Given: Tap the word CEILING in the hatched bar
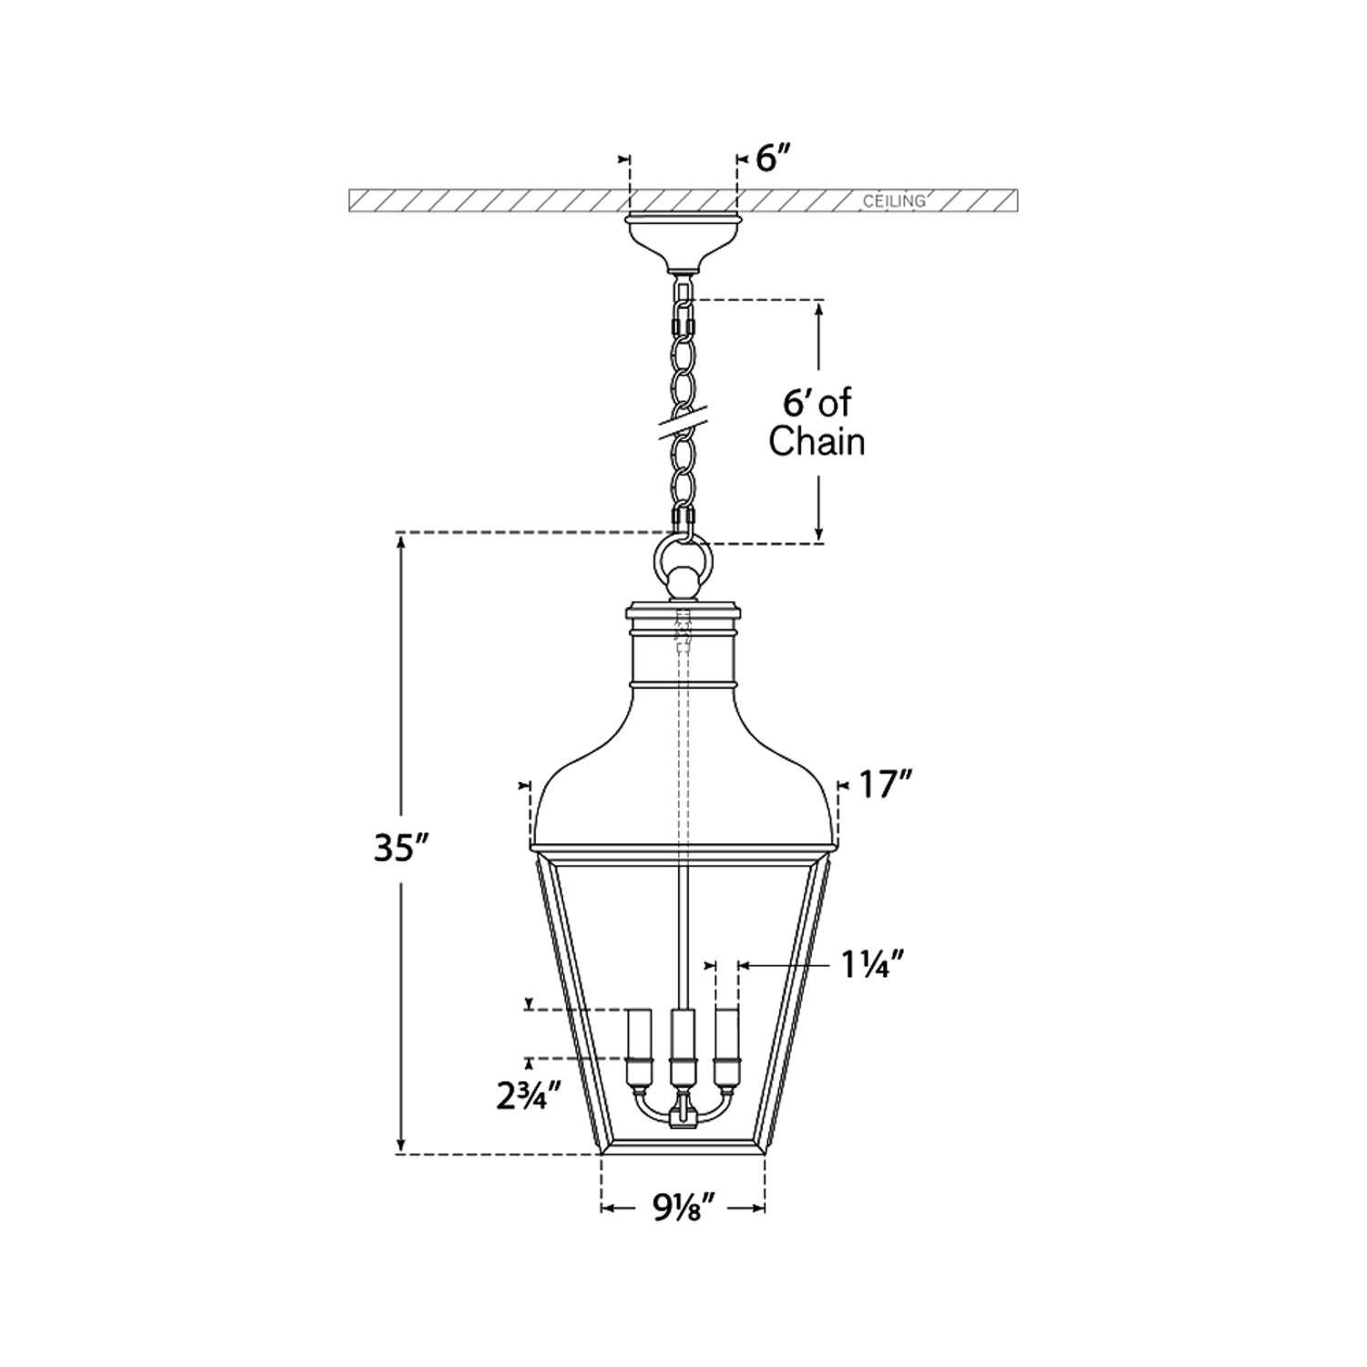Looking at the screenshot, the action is pyautogui.click(x=894, y=201).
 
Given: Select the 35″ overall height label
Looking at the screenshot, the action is pyautogui.click(x=400, y=848).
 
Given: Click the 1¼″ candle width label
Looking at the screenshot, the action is pyautogui.click(x=871, y=965).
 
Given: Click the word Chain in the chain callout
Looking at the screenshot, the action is pyautogui.click(x=817, y=442).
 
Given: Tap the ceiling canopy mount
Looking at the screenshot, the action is pyautogui.click(x=682, y=242).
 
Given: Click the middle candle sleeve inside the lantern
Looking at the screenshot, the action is pyautogui.click(x=682, y=1049).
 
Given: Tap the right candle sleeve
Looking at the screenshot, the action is pyautogui.click(x=726, y=1047).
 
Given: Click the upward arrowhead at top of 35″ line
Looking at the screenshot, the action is pyautogui.click(x=400, y=543).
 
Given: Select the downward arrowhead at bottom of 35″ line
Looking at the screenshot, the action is pyautogui.click(x=400, y=1144).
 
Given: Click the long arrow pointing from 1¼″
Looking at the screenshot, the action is pyautogui.click(x=787, y=965).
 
